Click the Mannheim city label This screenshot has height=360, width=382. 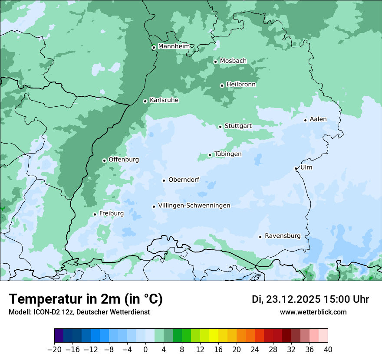[x=174, y=46]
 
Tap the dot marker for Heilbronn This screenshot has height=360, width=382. [x=222, y=85]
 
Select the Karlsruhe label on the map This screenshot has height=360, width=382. [x=164, y=100]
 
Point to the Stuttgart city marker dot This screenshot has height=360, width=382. [x=220, y=127]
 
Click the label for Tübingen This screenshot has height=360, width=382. [x=228, y=154]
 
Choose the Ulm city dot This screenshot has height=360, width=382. [x=296, y=168]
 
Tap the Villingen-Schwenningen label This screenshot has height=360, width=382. [x=194, y=206]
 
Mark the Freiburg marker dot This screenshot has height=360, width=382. [x=95, y=214]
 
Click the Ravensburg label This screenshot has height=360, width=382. [x=283, y=236]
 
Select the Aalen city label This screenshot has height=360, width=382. [x=318, y=119]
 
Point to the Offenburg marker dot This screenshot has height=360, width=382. [x=104, y=160]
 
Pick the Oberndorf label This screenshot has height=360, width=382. [x=184, y=180]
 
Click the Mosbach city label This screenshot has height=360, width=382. [x=233, y=61]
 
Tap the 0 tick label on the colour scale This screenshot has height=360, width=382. [x=145, y=350]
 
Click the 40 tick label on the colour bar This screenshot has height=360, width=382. [x=328, y=350]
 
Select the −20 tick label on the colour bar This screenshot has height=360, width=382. [x=54, y=350]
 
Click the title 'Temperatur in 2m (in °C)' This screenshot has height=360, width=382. [x=86, y=299]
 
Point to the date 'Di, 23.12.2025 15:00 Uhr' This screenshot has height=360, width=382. [x=310, y=299]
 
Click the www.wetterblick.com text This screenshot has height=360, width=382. [x=313, y=312]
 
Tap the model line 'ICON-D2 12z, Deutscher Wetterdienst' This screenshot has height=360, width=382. [x=79, y=312]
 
